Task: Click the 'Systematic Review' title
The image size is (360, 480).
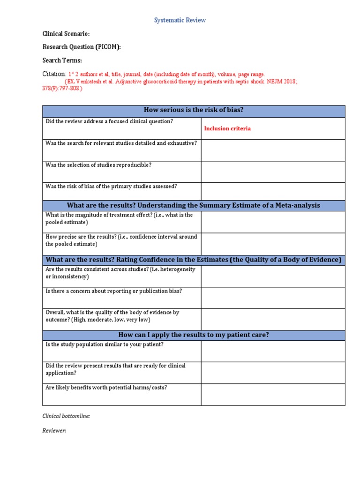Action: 180,20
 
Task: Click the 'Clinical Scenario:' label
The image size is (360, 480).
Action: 66,34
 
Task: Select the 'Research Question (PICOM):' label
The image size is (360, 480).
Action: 82,47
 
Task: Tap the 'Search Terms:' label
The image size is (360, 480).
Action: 62,60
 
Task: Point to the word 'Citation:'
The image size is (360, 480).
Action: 54,74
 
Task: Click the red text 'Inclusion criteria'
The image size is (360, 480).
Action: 227,128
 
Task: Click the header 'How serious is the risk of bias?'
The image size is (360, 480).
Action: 194,111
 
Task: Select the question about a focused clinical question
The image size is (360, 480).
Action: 109,121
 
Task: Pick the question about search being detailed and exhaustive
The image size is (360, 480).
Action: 121,143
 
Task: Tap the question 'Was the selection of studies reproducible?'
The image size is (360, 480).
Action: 98,165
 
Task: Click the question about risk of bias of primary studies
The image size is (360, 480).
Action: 111,186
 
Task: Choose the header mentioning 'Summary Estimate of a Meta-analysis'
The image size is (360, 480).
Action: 194,205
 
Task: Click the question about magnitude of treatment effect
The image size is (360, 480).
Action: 119,218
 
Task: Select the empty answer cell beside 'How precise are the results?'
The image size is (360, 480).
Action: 273,244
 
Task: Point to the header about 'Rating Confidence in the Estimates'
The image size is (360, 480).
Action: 194,260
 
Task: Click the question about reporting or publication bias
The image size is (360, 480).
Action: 113,291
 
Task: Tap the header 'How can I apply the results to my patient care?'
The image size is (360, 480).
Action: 194,335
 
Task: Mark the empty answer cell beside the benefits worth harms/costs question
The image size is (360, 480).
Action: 273,395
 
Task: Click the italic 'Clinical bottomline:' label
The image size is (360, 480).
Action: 66,416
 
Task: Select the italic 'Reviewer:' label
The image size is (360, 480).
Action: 54,431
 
